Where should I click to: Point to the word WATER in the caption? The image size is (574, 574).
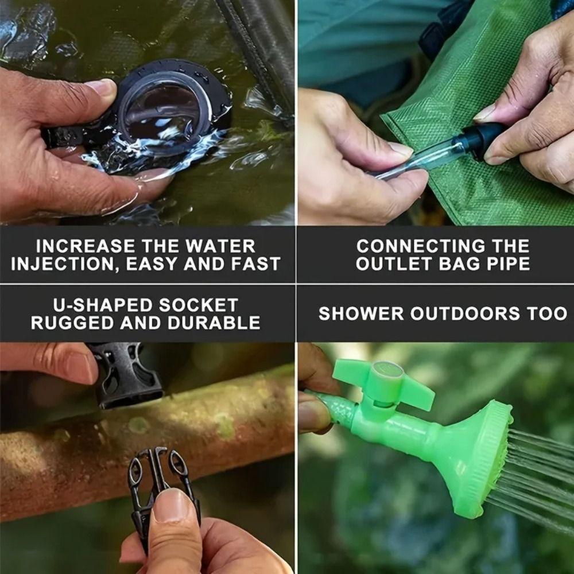(x=220, y=246)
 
